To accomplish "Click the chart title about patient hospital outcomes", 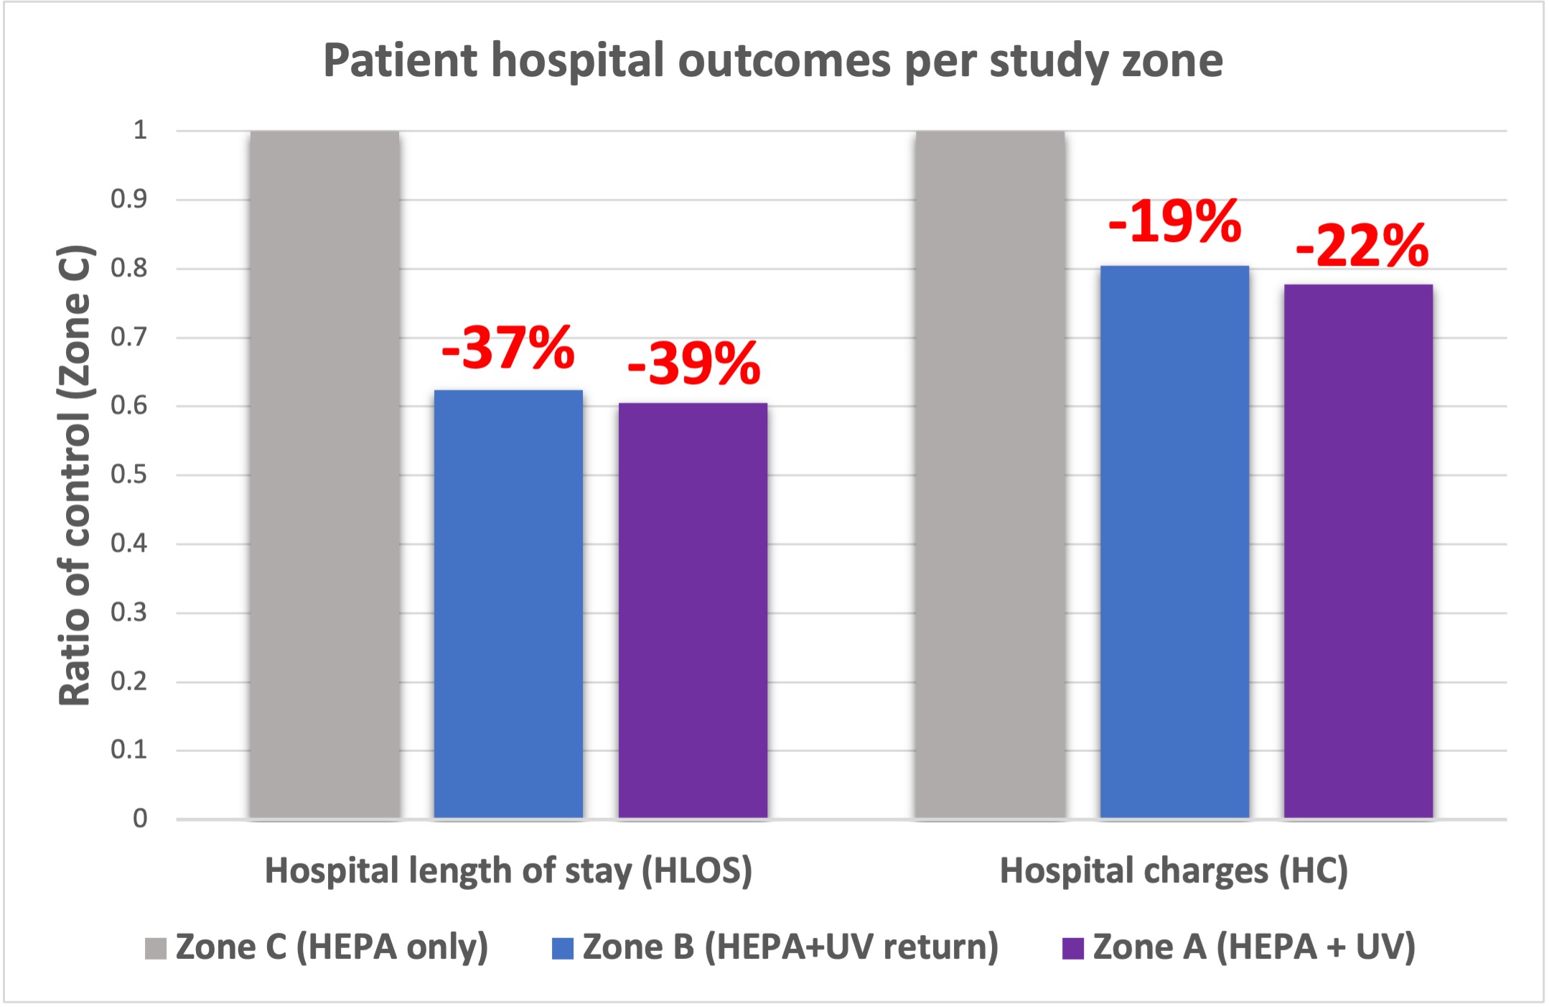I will [773, 60].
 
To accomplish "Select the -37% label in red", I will [508, 348].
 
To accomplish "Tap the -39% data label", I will [693, 363].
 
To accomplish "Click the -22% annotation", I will [1362, 246].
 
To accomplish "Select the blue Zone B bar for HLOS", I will [508, 603].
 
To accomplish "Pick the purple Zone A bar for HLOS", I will [693, 611].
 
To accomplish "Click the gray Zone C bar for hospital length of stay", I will [324, 474].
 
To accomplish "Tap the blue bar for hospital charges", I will [1174, 542].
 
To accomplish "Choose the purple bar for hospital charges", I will [1358, 552].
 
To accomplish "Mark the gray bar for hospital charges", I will [990, 474].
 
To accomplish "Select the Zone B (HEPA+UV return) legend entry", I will [775, 947].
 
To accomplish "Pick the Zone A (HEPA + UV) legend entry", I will [1239, 947].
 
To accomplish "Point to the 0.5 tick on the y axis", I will [128, 475].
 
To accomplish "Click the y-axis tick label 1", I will [140, 131].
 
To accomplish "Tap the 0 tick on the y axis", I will [140, 819].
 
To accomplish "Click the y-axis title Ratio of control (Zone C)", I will [75, 475].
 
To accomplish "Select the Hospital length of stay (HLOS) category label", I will [508, 871].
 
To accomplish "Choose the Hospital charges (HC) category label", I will [1174, 871].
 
